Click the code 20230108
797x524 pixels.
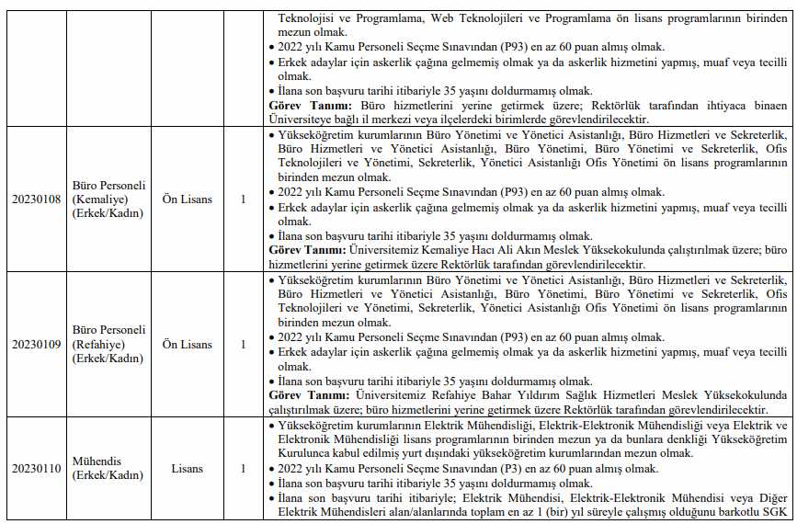click(36, 199)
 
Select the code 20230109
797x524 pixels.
click(36, 345)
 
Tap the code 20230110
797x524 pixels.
click(36, 469)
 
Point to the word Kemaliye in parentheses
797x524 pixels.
click(108, 199)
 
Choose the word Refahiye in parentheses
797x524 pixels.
click(108, 345)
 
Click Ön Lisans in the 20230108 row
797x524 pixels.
click(187, 199)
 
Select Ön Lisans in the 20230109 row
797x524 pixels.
click(187, 345)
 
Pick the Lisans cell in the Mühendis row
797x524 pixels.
click(187, 469)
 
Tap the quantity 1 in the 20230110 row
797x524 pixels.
click(243, 469)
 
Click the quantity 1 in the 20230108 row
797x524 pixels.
click(243, 199)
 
